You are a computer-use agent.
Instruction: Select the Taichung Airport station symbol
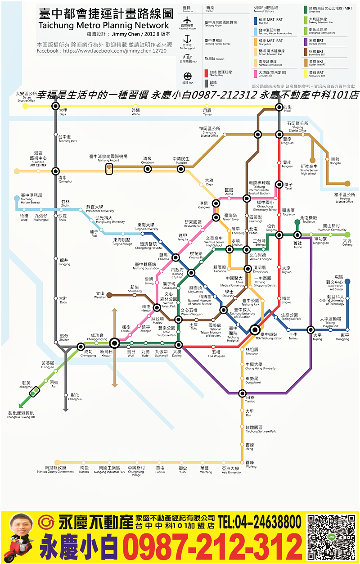click(x=109, y=169)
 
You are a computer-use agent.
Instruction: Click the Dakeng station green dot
click(x=347, y=234)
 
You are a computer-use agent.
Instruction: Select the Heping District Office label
click(x=344, y=198)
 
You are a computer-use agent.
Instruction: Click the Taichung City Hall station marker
click(x=191, y=272)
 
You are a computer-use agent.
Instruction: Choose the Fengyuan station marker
click(x=279, y=134)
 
